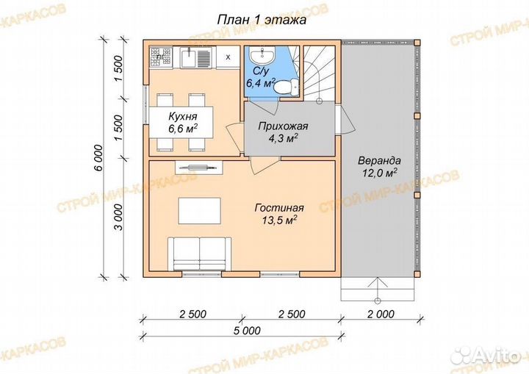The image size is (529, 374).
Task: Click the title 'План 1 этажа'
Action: tap(262, 20)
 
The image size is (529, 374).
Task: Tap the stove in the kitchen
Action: tap(161, 57)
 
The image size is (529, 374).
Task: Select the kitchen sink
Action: tap(195, 57)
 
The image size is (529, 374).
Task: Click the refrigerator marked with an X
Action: tap(228, 57)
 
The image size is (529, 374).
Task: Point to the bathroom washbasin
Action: tap(263, 55)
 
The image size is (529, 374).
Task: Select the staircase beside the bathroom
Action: tap(319, 73)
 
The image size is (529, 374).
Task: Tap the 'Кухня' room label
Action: tap(183, 116)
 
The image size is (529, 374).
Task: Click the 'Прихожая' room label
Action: tap(283, 126)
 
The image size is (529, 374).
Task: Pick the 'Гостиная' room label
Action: tap(279, 208)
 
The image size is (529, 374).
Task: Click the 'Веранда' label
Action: tap(379, 160)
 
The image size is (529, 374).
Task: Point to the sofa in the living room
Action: tap(199, 253)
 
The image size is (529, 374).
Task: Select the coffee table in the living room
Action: tap(199, 211)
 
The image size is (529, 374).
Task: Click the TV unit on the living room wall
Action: tap(198, 167)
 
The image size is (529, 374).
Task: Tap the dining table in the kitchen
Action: tap(181, 122)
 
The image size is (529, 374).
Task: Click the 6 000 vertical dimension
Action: tap(98, 158)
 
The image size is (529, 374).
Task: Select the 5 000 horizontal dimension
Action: tap(247, 330)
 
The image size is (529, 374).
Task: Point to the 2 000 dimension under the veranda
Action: tap(381, 314)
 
